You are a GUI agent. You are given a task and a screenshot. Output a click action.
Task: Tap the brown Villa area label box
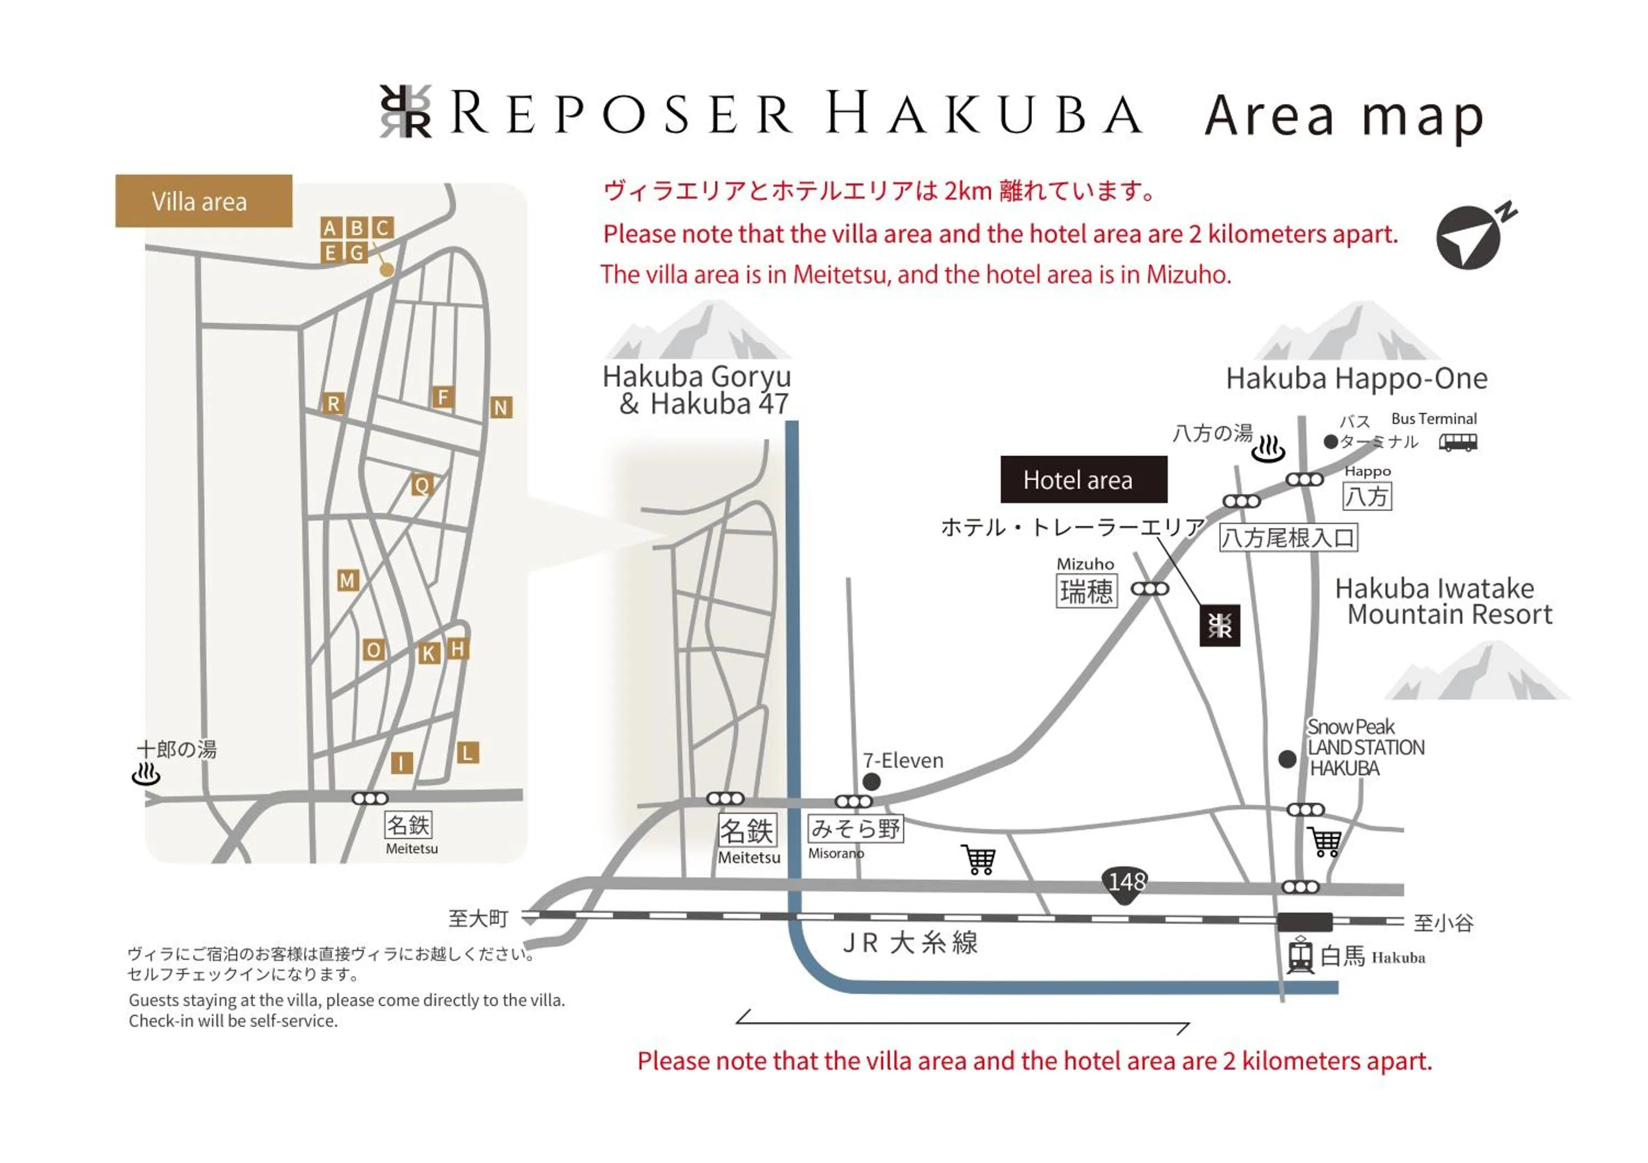(x=204, y=201)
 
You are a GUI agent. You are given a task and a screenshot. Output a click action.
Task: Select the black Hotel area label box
(x=1083, y=479)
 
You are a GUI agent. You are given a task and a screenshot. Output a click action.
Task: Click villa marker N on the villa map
(x=501, y=407)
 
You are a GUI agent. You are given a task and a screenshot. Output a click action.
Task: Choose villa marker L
(x=468, y=753)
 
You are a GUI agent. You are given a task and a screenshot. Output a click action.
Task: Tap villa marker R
(x=333, y=403)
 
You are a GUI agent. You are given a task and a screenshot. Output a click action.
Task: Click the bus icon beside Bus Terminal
(x=1458, y=442)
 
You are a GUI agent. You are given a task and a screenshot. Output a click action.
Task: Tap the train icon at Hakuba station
(x=1300, y=955)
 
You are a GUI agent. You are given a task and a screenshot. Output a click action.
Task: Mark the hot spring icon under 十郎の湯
(x=147, y=775)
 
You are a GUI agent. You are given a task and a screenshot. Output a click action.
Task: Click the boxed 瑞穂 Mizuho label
(x=1087, y=591)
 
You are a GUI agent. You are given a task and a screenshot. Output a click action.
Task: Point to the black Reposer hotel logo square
(x=1220, y=625)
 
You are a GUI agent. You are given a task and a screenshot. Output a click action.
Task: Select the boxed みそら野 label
(x=855, y=829)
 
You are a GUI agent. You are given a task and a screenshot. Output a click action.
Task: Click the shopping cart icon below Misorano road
(x=979, y=859)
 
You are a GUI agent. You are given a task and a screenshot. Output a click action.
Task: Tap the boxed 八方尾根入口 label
(x=1288, y=538)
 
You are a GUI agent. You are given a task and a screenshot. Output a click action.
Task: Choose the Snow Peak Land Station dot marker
(x=1288, y=758)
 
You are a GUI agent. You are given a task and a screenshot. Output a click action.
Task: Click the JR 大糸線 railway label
(x=910, y=942)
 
